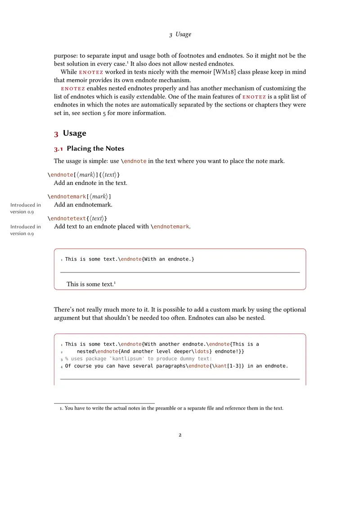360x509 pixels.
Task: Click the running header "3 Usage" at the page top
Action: tap(180, 35)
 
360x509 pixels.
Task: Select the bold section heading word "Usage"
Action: tap(75, 134)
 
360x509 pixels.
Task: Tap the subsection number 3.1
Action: tap(58, 149)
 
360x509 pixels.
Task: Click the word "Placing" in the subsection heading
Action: tap(79, 149)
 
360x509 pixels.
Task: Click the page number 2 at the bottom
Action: tap(180, 435)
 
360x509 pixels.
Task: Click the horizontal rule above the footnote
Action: tap(104, 403)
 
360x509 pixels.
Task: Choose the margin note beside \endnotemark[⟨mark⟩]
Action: tap(26, 208)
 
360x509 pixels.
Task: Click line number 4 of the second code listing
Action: tap(62, 366)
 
